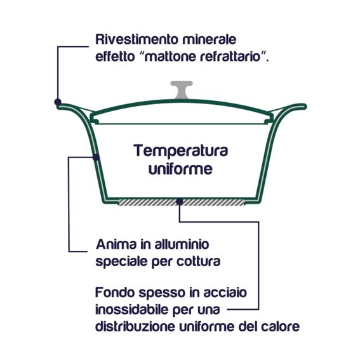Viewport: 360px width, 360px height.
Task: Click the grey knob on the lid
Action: click(182, 90)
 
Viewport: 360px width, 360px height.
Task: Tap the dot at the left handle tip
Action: click(58, 102)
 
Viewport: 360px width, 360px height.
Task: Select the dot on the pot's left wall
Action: click(96, 157)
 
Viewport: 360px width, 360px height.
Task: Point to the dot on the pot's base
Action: click(180, 202)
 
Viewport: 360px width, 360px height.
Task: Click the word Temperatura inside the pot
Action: click(181, 151)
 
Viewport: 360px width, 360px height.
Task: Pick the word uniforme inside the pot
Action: click(180, 170)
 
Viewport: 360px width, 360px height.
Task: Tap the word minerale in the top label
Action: click(210, 39)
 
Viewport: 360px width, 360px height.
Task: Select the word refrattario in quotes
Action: click(230, 57)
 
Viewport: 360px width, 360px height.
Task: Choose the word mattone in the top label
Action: click(170, 57)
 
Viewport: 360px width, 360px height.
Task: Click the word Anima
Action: click(116, 244)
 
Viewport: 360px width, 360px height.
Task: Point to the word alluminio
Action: click(182, 244)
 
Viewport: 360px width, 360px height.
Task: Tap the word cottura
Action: click(198, 262)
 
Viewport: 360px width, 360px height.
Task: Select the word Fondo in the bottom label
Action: click(114, 293)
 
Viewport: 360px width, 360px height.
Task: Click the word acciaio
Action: click(225, 293)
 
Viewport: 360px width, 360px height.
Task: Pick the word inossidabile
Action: click(132, 309)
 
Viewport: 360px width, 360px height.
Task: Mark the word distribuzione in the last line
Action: click(135, 326)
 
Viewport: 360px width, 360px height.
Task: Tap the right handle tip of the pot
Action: click(305, 107)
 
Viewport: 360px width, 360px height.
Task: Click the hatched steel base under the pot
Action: click(182, 203)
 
